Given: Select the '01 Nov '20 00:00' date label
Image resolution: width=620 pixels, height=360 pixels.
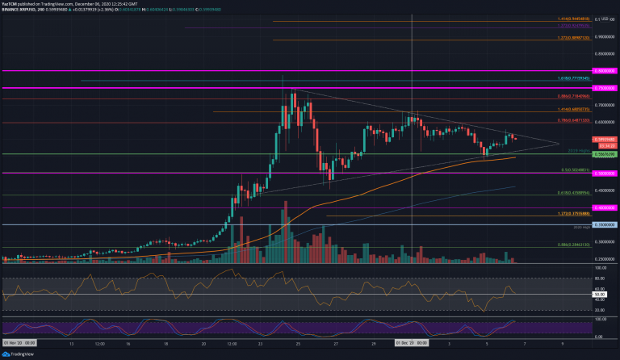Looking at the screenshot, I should click(x=16, y=342).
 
